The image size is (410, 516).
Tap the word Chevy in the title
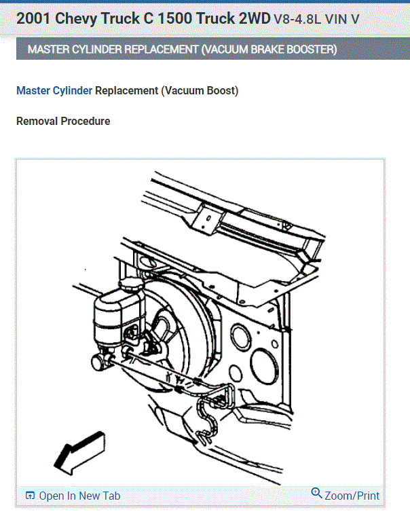pos(77,18)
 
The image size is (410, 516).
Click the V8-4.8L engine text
pos(299,19)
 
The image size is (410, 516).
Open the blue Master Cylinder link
pos(54,90)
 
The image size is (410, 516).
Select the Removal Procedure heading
pos(62,121)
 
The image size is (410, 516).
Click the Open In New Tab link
pos(79,496)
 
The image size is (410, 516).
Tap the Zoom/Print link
pos(352,496)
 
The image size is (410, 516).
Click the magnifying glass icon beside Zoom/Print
pos(316,494)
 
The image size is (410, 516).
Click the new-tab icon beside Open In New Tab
pos(30,496)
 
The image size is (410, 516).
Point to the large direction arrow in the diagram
pos(78,451)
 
